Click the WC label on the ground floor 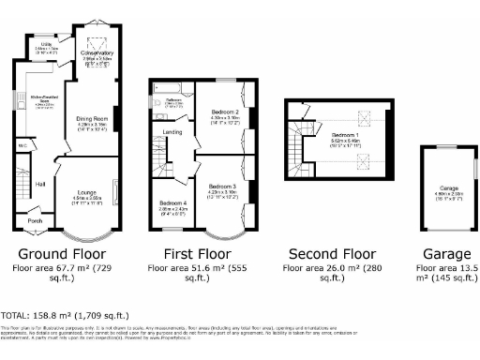[22, 146]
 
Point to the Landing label [172, 132]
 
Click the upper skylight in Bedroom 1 [357, 118]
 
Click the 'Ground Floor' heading [63, 253]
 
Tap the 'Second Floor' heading [330, 253]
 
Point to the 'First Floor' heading [198, 253]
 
